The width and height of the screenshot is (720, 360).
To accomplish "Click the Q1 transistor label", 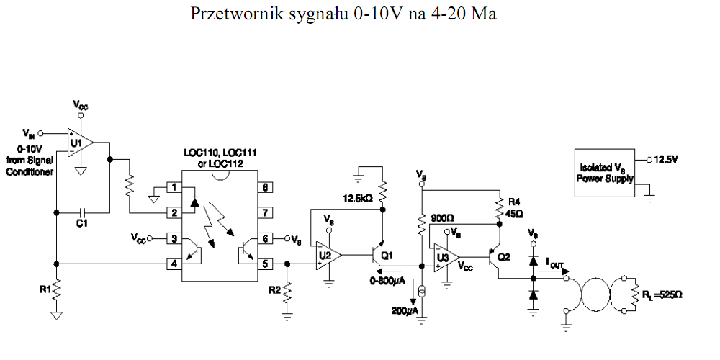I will coord(387,256).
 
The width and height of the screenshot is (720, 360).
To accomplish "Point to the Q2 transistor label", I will coord(504,256).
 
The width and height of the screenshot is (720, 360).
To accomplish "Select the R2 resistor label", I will coord(274,290).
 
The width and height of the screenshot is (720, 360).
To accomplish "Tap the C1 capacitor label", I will coord(82,224).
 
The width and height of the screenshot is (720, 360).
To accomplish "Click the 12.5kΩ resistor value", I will coord(358,198).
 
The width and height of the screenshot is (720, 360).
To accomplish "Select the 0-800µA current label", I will coord(388,279).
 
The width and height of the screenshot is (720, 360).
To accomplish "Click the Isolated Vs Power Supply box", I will coord(606,173).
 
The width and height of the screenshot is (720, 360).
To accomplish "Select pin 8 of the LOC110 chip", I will coord(266,188).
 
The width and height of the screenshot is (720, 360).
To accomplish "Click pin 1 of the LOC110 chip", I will coord(173,188).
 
